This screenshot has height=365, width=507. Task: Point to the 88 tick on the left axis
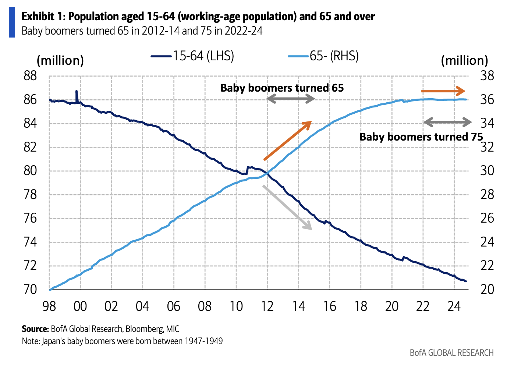[31, 76]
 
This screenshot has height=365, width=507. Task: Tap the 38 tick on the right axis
[487, 76]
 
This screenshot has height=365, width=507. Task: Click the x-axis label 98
[49, 306]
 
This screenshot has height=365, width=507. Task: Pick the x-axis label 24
[454, 306]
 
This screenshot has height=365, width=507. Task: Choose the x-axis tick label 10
[236, 306]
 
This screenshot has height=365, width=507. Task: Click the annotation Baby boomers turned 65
[282, 88]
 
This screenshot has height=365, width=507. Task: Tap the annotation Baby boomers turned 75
[421, 137]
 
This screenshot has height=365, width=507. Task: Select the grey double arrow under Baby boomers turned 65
[290, 99]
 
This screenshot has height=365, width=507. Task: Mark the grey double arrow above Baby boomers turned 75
[447, 122]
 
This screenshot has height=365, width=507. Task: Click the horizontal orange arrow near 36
[443, 91]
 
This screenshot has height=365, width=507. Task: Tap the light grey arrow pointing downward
[287, 208]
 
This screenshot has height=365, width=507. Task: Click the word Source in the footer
[35, 329]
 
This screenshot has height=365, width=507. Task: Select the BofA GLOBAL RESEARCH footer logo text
[451, 353]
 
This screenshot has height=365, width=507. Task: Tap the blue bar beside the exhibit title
[12, 23]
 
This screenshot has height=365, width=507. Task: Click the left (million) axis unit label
[60, 60]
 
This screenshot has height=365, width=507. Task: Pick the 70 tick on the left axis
[31, 290]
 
